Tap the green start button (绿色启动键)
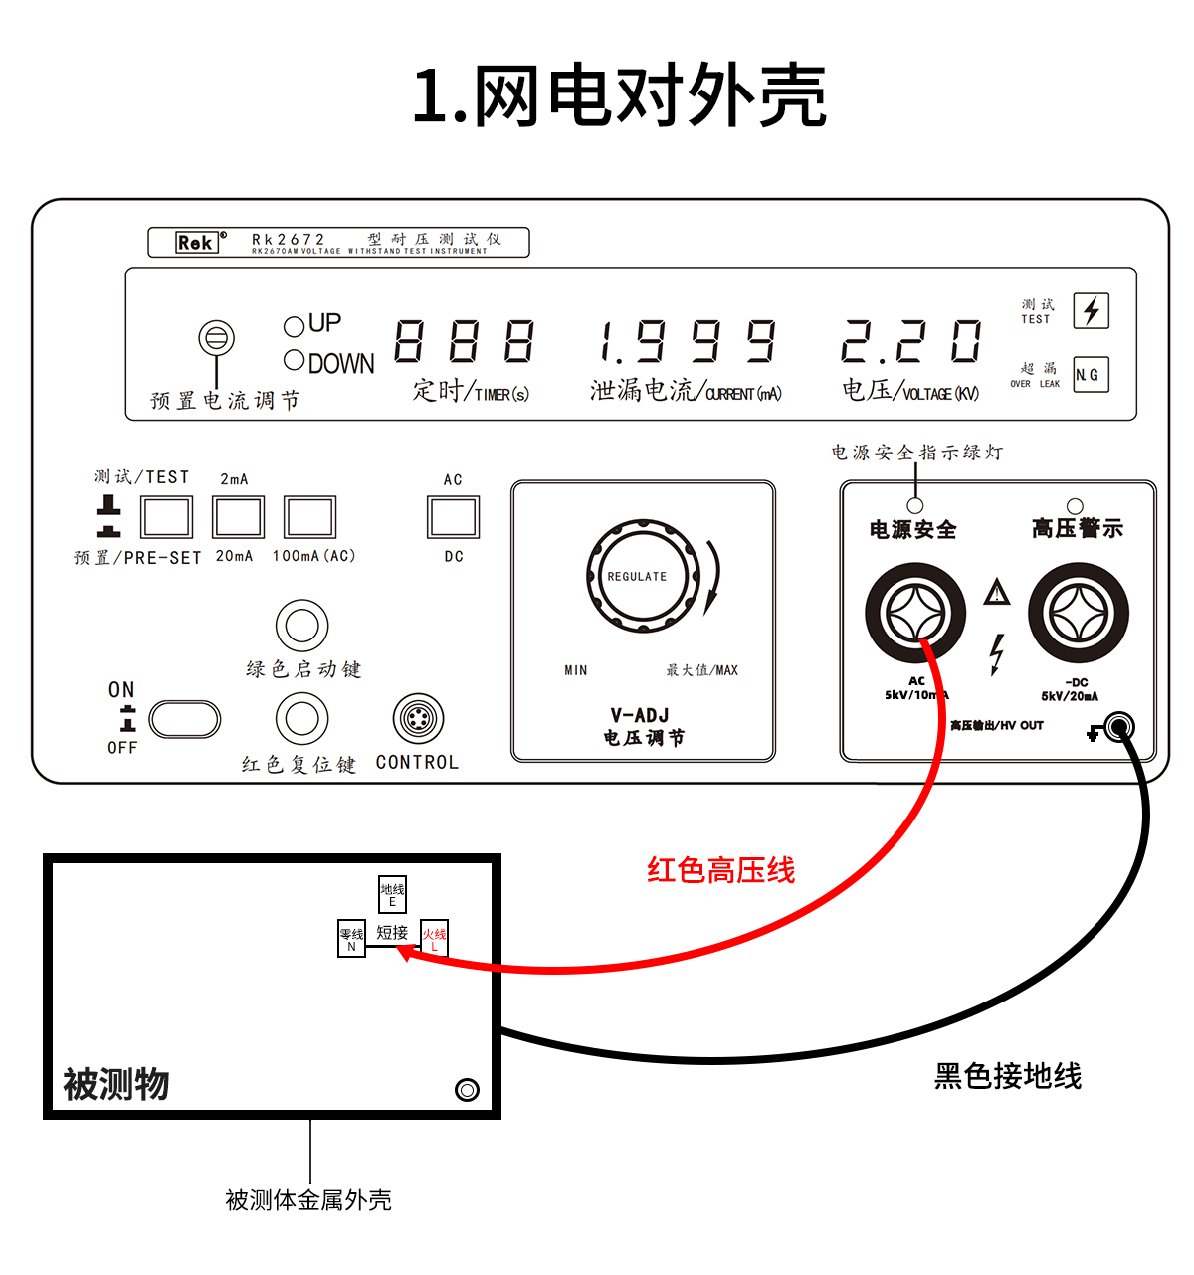[301, 626]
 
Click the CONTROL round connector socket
[418, 719]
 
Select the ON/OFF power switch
[184, 719]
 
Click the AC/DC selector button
[453, 517]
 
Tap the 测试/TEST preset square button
[166, 517]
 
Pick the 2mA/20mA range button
[238, 517]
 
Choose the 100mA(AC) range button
[309, 517]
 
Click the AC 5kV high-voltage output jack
[914, 612]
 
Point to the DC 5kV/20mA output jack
[1078, 612]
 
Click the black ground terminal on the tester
[1119, 728]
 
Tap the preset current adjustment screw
[216, 338]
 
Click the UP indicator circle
[294, 326]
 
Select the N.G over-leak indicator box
[1091, 375]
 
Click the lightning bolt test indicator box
[1091, 310]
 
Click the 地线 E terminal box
[392, 894]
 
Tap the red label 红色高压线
[720, 871]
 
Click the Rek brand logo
[196, 242]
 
